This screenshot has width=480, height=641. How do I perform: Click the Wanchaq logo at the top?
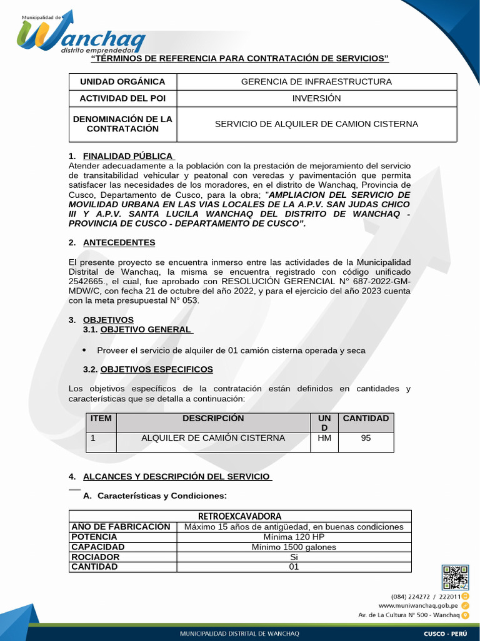(x=81, y=33)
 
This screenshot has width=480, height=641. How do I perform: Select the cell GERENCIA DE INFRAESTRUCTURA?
(x=316, y=81)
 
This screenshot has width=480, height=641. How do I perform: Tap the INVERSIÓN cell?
(x=316, y=99)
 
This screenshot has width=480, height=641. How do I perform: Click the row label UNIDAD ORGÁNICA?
(x=122, y=81)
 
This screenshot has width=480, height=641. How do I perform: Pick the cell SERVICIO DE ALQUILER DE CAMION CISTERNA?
(x=316, y=124)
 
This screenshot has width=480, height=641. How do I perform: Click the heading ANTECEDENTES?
(x=119, y=242)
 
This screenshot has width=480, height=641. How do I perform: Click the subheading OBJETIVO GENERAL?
(x=146, y=329)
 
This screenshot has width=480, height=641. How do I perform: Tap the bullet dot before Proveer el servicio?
(x=85, y=350)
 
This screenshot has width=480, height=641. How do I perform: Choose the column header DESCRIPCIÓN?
(x=213, y=418)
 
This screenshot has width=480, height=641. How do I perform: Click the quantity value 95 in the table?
(x=366, y=438)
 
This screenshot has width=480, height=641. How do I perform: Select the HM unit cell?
(x=324, y=438)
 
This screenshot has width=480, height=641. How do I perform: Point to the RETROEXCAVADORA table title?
(x=240, y=516)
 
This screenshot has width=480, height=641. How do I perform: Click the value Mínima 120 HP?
(x=294, y=537)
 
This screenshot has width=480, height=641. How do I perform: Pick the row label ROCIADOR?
(x=95, y=556)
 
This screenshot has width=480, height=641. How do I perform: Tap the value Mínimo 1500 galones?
(x=294, y=547)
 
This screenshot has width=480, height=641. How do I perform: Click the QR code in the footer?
(x=455, y=578)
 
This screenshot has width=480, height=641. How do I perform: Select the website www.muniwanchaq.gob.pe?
(x=417, y=606)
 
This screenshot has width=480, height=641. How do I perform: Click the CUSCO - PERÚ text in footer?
(x=444, y=633)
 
